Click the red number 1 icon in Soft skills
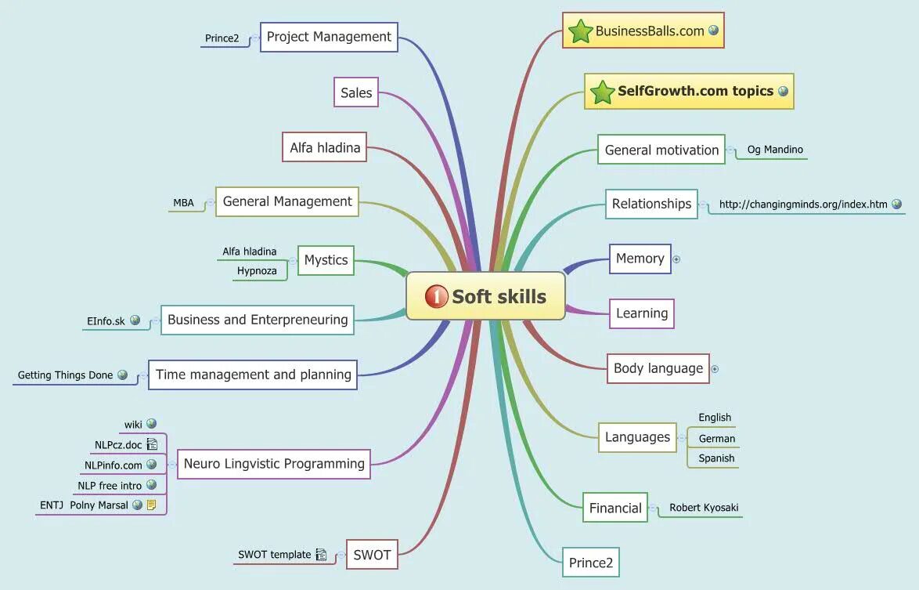click(x=436, y=296)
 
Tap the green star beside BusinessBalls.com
click(x=580, y=31)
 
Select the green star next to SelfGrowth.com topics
click(x=602, y=92)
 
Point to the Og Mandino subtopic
click(x=774, y=150)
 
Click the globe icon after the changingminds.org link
click(x=896, y=204)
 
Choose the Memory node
click(x=640, y=259)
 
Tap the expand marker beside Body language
click(x=715, y=368)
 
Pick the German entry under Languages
click(x=716, y=439)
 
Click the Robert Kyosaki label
click(x=703, y=508)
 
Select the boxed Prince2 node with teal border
click(x=590, y=563)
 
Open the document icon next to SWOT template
click(x=321, y=555)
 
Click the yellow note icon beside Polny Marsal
click(x=151, y=505)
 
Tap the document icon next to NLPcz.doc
click(x=152, y=445)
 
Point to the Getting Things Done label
click(x=65, y=375)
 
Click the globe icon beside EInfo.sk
click(x=135, y=320)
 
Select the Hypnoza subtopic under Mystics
click(x=257, y=271)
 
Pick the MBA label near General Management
click(x=183, y=203)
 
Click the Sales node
click(x=356, y=92)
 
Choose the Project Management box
click(x=329, y=37)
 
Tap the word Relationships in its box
click(x=651, y=204)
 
